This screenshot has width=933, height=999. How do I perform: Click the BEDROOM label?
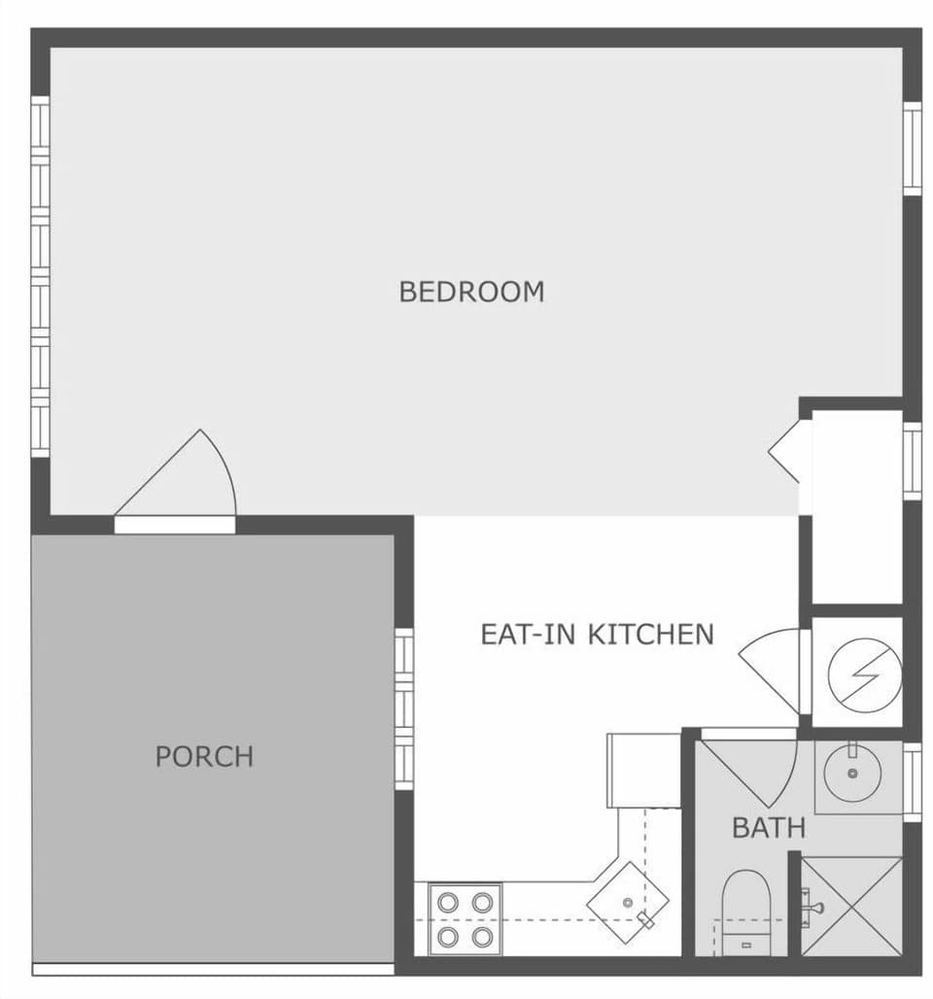click(471, 292)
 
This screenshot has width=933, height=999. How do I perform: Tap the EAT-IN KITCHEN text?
click(597, 635)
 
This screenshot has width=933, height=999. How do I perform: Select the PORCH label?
click(204, 756)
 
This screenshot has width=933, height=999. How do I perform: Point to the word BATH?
click(768, 828)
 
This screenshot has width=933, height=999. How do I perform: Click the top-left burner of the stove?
click(447, 902)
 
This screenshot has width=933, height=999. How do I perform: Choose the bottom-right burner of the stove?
click(481, 937)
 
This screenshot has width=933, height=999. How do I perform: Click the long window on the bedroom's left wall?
click(40, 277)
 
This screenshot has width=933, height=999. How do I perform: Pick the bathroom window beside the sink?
click(912, 782)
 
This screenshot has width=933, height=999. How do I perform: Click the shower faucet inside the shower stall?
click(812, 907)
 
